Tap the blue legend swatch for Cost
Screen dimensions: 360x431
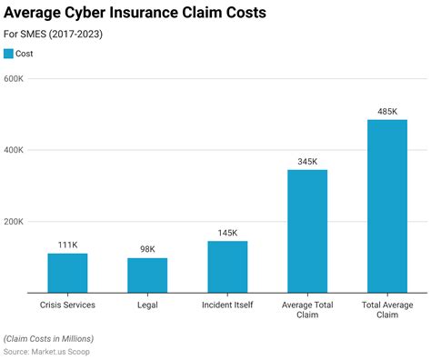(9, 54)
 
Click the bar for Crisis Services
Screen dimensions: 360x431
(67, 273)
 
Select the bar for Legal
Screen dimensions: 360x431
(147, 275)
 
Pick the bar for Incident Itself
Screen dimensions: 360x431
(227, 266)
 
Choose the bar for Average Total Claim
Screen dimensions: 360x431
(307, 231)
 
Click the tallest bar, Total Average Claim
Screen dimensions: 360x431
(387, 206)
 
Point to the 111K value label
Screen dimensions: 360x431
(67, 245)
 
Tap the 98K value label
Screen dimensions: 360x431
(147, 250)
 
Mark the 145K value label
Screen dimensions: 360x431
(227, 233)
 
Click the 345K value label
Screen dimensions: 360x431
(307, 162)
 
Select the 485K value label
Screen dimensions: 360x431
(387, 112)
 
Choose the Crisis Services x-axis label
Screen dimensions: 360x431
(67, 305)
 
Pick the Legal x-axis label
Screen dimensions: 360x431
(147, 305)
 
